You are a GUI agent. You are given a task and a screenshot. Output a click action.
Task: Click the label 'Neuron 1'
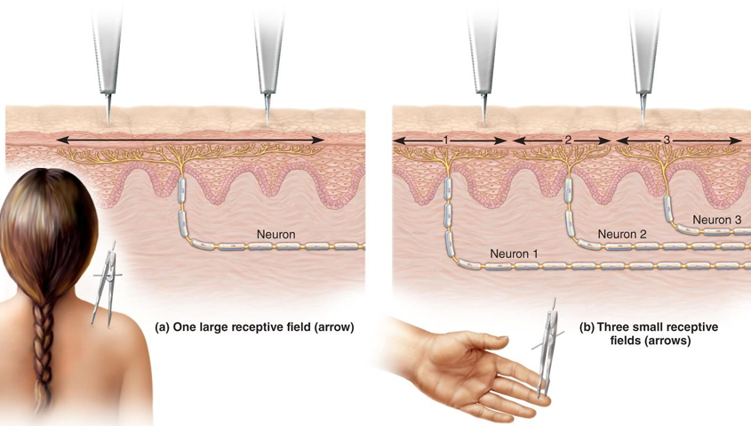[514, 253]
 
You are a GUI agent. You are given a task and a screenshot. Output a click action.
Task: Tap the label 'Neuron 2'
[622, 235]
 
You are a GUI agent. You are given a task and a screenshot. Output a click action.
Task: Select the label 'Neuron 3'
[716, 219]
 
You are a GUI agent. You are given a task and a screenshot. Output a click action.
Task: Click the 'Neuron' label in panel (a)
[276, 235]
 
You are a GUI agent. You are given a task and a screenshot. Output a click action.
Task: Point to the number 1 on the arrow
[446, 141]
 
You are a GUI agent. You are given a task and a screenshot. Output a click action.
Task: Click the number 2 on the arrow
[568, 141]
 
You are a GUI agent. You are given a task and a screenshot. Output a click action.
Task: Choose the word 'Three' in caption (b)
[614, 327]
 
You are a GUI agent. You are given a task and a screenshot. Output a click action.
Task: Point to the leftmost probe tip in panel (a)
[108, 120]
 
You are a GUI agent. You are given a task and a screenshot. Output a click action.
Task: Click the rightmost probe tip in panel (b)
[643, 120]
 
